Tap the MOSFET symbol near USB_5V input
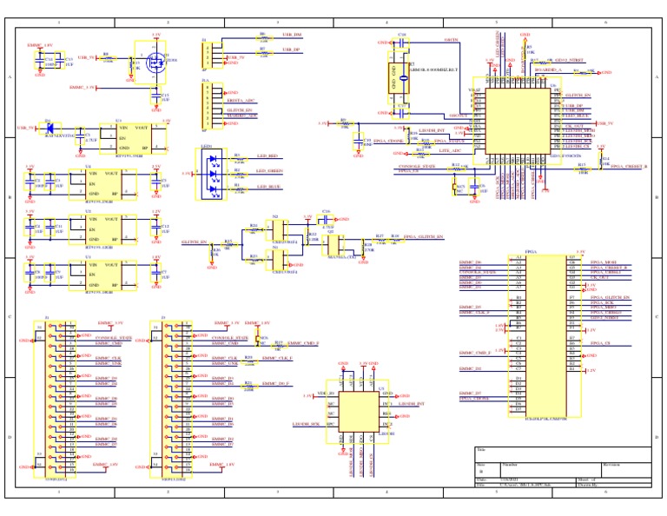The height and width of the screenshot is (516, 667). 157,62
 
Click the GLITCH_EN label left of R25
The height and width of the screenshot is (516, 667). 194,241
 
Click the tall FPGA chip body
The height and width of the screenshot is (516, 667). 538,334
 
